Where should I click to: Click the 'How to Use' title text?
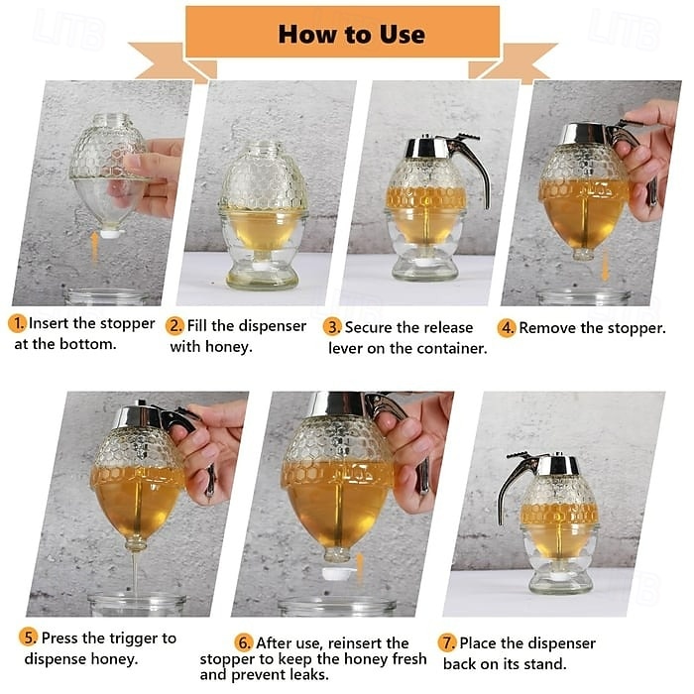pos(351,35)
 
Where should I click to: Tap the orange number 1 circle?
pos(17,323)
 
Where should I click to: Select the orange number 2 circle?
pos(174,326)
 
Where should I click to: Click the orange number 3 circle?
pos(332,328)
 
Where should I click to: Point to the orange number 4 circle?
pos(507,328)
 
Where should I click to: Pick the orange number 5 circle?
pos(29,637)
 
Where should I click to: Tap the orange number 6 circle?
pos(244,642)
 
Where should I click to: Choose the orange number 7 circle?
pos(447,642)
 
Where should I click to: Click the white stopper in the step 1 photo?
pos(112,233)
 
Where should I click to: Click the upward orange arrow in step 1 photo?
pos(94,249)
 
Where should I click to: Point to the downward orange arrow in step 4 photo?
pos(605,265)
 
